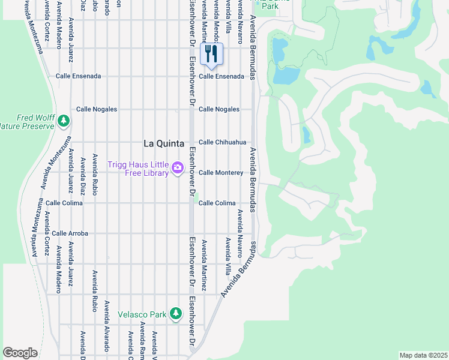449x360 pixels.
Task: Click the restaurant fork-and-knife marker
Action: point(211,54)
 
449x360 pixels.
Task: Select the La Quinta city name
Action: point(163,143)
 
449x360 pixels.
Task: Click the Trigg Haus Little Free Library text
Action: point(138,169)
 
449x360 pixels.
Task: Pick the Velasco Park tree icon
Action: point(175,313)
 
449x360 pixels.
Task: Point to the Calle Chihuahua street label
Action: point(222,142)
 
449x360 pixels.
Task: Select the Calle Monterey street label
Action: point(221,173)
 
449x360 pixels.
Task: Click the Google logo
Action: point(20,353)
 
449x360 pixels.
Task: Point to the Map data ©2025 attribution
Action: point(423,355)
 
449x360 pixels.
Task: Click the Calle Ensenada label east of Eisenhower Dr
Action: point(221,76)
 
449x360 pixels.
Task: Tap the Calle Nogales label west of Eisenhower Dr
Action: point(96,109)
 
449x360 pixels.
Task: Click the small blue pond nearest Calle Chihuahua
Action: point(307,134)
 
